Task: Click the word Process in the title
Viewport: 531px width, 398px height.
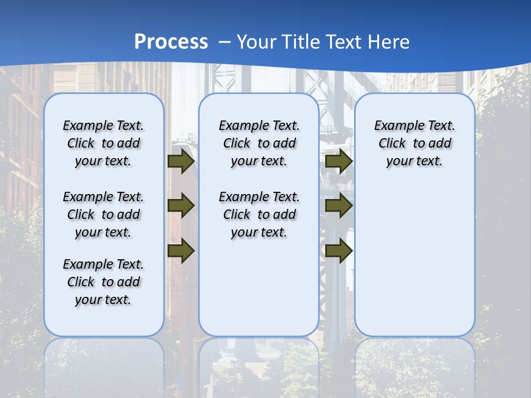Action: (171, 42)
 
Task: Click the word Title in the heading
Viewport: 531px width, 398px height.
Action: (300, 42)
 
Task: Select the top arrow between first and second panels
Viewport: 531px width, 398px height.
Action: (181, 161)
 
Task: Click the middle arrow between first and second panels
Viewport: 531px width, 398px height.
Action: (181, 206)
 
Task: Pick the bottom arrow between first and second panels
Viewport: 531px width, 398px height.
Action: (181, 251)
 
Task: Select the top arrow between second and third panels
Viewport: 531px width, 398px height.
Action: (339, 161)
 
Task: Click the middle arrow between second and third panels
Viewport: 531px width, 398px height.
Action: (339, 206)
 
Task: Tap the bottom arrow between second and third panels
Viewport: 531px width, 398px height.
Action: (339, 251)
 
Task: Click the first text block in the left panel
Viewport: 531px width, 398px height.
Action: (103, 143)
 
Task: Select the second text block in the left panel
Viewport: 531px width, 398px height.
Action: (103, 214)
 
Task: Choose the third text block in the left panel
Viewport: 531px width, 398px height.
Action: (103, 282)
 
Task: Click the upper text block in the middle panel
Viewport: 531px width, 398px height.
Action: (259, 143)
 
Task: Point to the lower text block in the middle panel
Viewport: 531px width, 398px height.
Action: (259, 214)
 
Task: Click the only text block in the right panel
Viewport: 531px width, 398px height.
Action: (415, 143)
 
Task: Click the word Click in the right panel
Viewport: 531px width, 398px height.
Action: (392, 144)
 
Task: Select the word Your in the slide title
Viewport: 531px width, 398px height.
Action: (257, 42)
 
